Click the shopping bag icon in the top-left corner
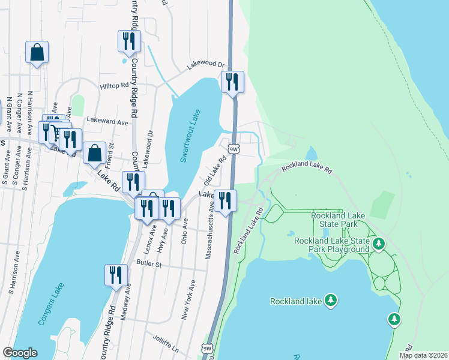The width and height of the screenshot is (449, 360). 37,52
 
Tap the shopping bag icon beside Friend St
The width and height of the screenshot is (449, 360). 95,154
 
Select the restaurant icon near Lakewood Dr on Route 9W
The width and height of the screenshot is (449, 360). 232,82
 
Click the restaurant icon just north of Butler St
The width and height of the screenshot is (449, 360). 115,275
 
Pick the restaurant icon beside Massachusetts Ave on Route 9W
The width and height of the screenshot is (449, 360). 225,201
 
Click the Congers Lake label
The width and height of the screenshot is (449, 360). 50,306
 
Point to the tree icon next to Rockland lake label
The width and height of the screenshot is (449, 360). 330,300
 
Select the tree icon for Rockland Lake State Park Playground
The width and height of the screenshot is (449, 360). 378,244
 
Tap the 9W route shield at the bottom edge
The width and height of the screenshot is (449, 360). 207,348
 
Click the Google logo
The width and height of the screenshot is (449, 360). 20,353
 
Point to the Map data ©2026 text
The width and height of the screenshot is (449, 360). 424,355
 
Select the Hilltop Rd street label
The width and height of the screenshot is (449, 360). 114,86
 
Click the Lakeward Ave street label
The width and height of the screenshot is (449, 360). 107,122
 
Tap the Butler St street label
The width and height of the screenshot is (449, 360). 149,263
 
